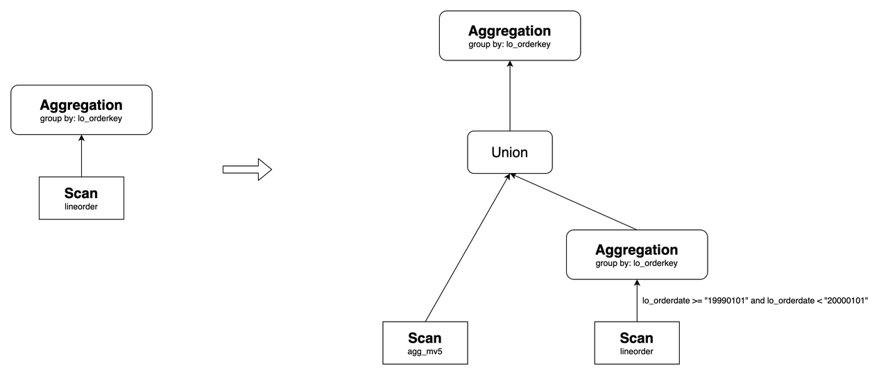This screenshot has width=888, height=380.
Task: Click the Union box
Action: point(510,152)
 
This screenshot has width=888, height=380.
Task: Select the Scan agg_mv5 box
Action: point(425,343)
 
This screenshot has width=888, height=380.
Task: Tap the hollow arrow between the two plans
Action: point(246,169)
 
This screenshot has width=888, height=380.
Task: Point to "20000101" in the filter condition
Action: point(844,300)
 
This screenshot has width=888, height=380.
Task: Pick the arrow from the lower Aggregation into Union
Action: point(574,202)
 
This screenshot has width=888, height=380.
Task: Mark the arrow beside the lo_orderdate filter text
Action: point(636,301)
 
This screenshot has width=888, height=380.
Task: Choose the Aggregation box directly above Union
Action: point(510,35)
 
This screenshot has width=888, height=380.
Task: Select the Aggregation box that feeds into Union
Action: point(637,254)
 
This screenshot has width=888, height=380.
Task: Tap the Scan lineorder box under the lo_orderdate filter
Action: point(636,343)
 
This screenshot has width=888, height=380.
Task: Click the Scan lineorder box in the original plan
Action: point(81,198)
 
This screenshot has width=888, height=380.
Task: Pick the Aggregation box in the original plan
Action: point(81,110)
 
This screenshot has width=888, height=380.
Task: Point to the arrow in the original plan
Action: point(81,156)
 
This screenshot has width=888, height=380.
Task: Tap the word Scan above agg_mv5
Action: point(425,338)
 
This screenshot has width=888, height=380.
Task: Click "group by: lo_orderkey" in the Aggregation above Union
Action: point(510,44)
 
